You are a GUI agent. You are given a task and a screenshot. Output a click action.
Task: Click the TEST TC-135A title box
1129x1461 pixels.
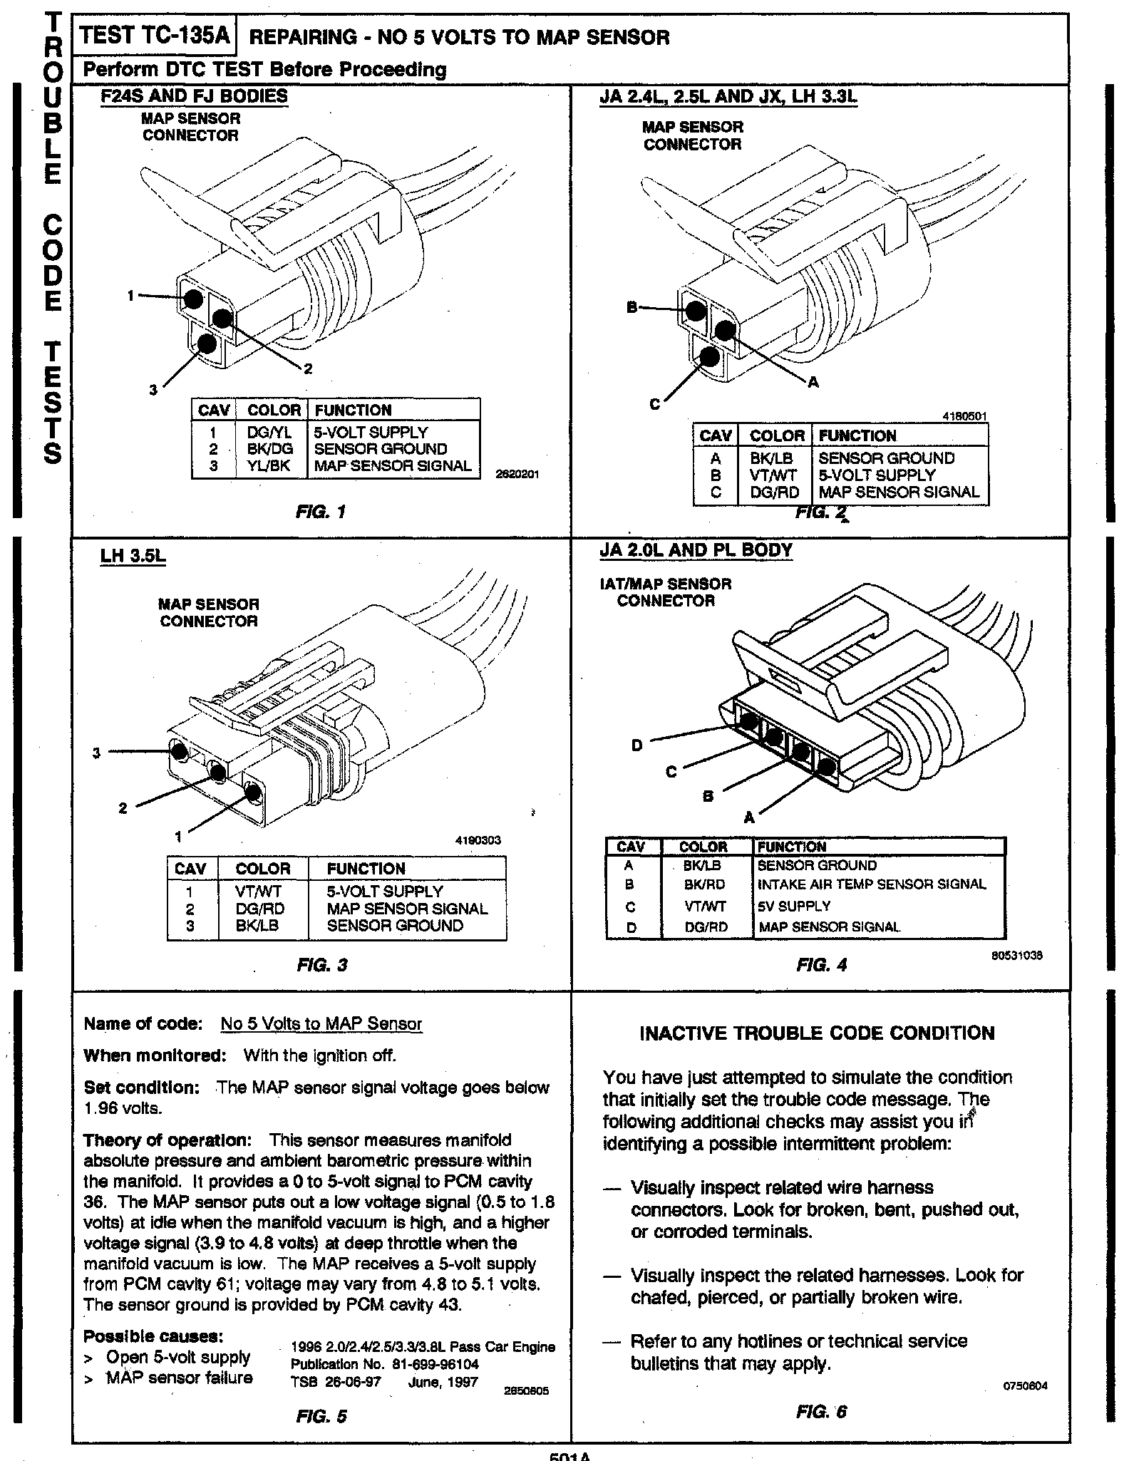click(x=155, y=36)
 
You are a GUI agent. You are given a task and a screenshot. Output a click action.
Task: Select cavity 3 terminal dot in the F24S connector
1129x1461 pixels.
click(x=207, y=344)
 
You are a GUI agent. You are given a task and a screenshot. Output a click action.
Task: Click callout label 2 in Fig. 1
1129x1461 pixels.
click(x=308, y=368)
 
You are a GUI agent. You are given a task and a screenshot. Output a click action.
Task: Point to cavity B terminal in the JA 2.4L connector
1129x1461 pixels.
click(x=696, y=310)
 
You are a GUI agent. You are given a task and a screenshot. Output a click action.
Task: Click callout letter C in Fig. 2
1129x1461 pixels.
click(x=654, y=404)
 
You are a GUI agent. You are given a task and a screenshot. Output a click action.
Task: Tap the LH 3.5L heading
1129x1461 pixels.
click(x=133, y=556)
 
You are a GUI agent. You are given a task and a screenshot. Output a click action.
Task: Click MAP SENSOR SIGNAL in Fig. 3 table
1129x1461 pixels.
click(x=407, y=909)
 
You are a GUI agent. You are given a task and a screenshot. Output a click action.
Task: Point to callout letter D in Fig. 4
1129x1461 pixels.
click(x=636, y=745)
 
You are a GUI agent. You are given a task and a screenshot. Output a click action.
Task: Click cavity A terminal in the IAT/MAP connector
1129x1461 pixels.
click(x=826, y=768)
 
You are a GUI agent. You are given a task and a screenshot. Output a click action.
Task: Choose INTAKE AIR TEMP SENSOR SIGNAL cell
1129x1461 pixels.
click(x=872, y=884)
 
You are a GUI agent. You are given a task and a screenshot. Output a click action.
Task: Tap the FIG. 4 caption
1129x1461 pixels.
click(x=821, y=965)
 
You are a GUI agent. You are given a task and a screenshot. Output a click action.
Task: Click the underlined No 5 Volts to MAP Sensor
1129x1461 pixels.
click(x=321, y=1024)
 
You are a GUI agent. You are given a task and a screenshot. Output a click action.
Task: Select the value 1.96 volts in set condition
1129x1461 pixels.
click(x=123, y=1109)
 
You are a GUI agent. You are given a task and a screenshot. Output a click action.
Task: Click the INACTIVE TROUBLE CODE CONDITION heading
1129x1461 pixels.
click(x=817, y=1033)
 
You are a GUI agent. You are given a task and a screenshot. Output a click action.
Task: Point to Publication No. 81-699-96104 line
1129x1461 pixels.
click(x=384, y=1364)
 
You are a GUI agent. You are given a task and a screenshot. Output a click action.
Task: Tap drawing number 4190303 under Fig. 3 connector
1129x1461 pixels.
click(x=478, y=840)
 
